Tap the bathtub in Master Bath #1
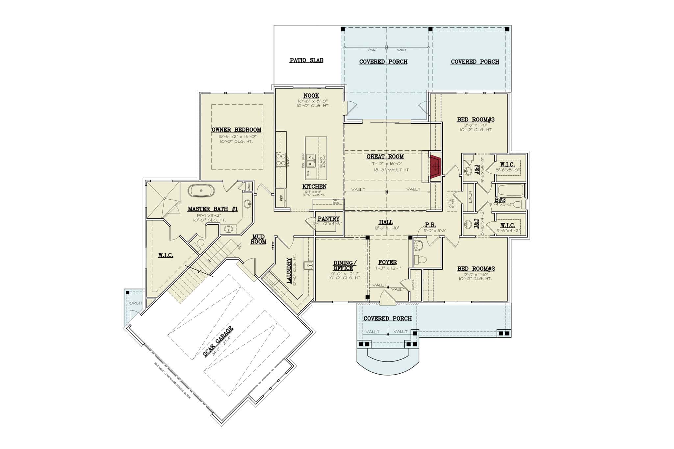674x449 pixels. click(x=201, y=191)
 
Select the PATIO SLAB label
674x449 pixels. click(x=306, y=61)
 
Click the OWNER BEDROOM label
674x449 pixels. click(x=236, y=130)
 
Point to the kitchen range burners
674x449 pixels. click(x=281, y=160)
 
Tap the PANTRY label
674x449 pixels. click(x=328, y=219)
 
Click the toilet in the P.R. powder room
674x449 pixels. click(x=420, y=259)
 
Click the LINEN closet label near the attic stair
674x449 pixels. click(x=470, y=197)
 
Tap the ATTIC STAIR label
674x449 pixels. click(x=452, y=201)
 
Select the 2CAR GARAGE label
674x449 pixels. click(x=218, y=341)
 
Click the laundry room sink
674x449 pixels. click(x=308, y=265)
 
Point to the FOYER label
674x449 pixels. click(x=387, y=262)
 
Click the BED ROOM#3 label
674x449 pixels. click(x=476, y=120)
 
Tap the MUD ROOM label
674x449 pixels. click(x=258, y=239)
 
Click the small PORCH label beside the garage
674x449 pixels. click(x=134, y=303)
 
